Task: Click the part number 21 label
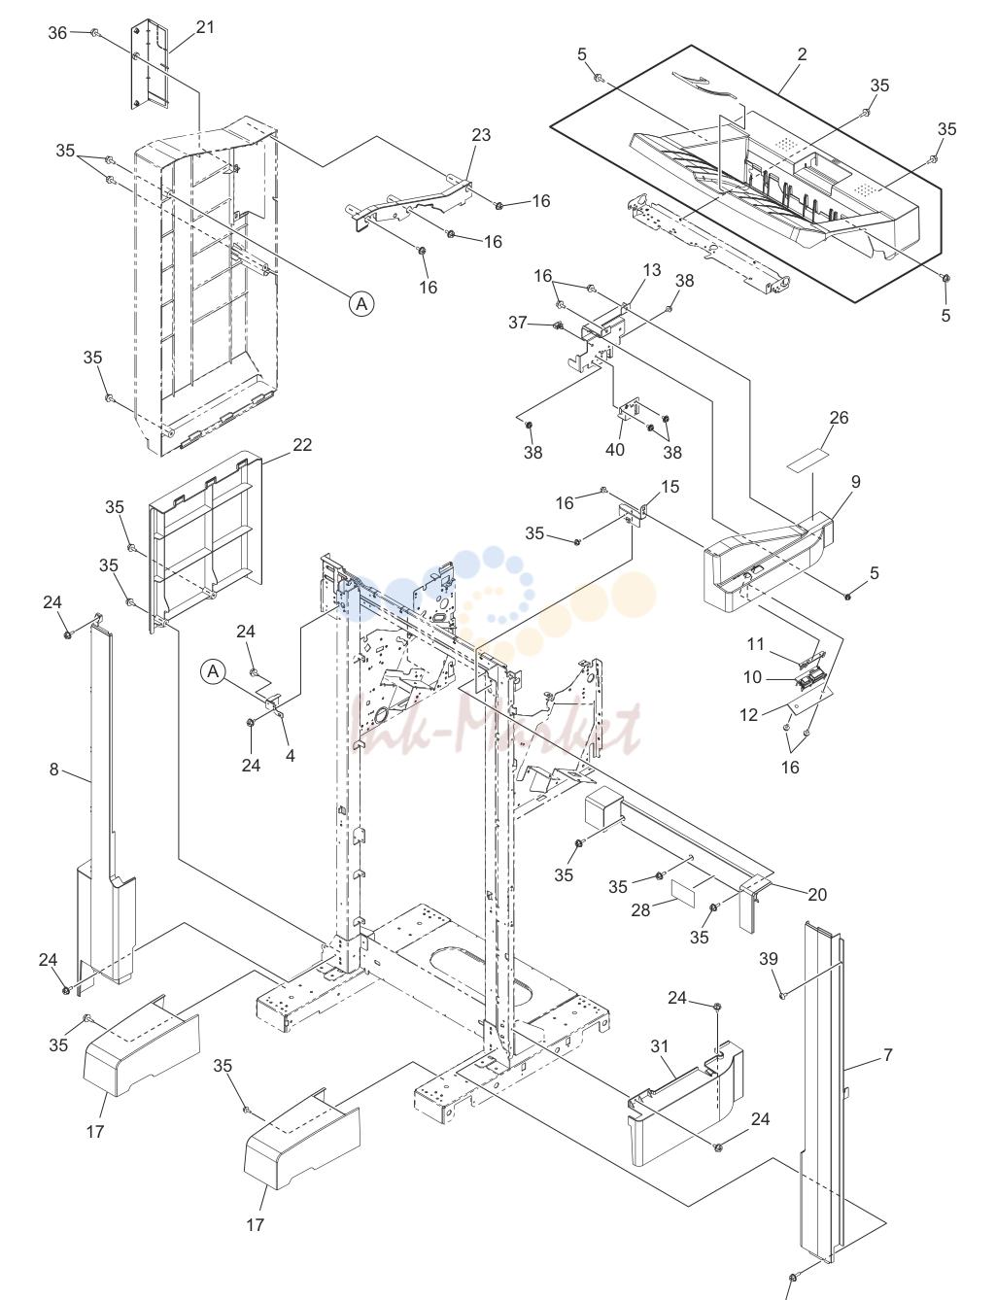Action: [205, 27]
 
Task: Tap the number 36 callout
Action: [57, 33]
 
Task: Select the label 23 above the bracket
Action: [481, 135]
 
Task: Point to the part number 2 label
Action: [803, 54]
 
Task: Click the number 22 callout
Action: [302, 445]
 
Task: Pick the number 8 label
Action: [53, 770]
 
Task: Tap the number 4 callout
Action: [291, 756]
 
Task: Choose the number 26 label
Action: [839, 418]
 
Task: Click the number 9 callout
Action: [855, 482]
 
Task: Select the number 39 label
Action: [769, 959]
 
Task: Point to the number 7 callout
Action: [888, 1055]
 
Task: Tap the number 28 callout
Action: [640, 910]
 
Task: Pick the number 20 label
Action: [817, 895]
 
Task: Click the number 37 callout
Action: [518, 323]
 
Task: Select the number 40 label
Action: [615, 450]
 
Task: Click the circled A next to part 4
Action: [213, 671]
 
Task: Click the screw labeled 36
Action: [94, 32]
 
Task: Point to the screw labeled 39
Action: [783, 996]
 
